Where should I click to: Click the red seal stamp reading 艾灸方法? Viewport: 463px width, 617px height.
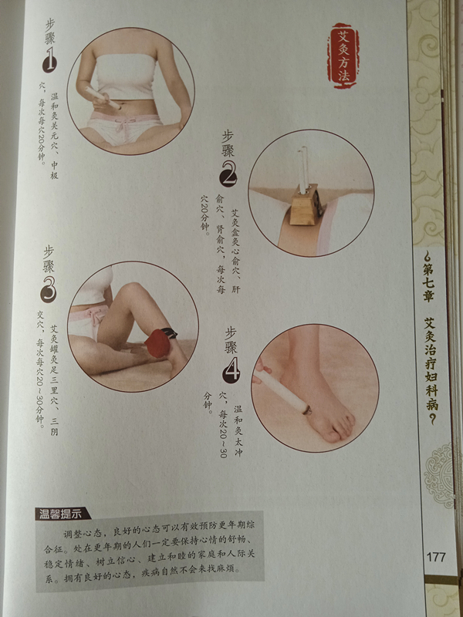343,55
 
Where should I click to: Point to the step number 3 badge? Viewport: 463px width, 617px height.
48,292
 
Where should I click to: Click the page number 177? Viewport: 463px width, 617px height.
435,557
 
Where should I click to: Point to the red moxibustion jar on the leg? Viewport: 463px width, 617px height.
157,343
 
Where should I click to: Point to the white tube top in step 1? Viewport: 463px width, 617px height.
125,76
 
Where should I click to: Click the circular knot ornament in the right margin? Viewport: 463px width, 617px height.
439,475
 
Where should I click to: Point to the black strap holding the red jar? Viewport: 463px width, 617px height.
169,333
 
